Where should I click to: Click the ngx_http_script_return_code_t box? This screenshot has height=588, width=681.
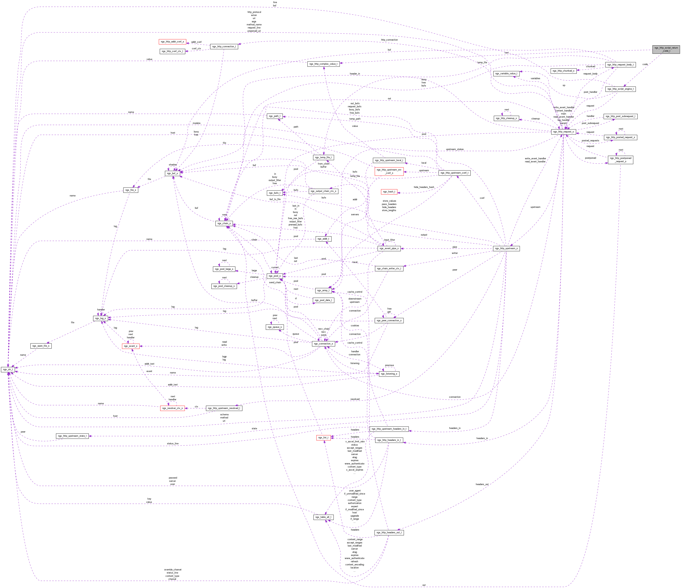[666, 49]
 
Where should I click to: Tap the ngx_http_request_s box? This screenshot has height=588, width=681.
[563, 132]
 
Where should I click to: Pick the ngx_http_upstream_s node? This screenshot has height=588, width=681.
[506, 248]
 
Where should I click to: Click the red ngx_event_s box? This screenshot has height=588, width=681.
[130, 346]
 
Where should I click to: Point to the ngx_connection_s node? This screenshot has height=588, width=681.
[323, 344]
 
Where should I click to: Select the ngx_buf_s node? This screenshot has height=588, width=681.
[172, 173]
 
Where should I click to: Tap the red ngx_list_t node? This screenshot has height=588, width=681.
[323, 438]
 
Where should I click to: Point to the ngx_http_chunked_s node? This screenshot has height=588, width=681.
[563, 71]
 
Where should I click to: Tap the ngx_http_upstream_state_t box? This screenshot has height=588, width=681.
[72, 436]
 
